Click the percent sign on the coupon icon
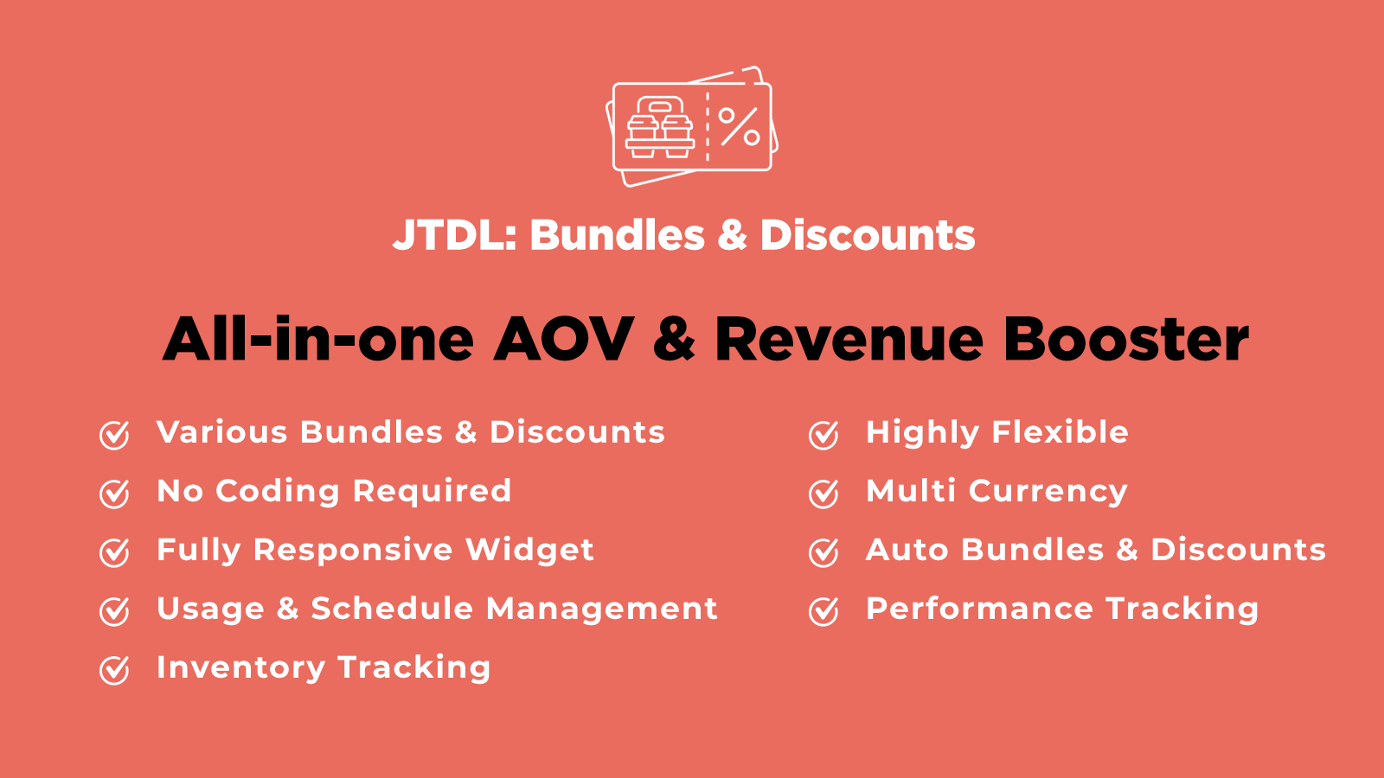pyautogui.click(x=739, y=126)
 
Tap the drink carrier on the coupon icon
pyautogui.click(x=660, y=127)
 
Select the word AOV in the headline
pyautogui.click(x=563, y=339)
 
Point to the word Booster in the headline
pyautogui.click(x=1125, y=339)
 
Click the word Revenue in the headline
pyautogui.click(x=849, y=339)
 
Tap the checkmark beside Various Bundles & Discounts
pyautogui.click(x=114, y=435)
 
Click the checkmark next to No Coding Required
pyautogui.click(x=114, y=494)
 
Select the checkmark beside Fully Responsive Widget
pyautogui.click(x=114, y=552)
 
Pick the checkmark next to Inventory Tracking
pyautogui.click(x=114, y=670)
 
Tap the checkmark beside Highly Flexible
pyautogui.click(x=823, y=435)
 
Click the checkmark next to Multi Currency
pyautogui.click(x=823, y=494)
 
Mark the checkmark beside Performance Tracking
pyautogui.click(x=823, y=611)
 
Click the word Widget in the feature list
pyautogui.click(x=529, y=550)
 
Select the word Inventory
pyautogui.click(x=241, y=668)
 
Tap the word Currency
pyautogui.click(x=1048, y=492)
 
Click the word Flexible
pyautogui.click(x=1060, y=431)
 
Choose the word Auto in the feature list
pyautogui.click(x=907, y=550)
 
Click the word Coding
pyautogui.click(x=278, y=492)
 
